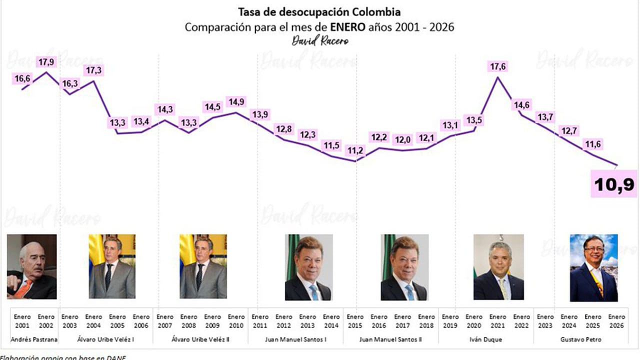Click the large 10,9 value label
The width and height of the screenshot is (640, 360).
[x=614, y=184]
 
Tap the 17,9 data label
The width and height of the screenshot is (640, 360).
[x=46, y=62]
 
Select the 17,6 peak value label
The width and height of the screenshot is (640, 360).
[x=498, y=66]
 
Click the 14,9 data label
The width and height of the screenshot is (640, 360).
[x=236, y=101]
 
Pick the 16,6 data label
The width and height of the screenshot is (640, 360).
[x=22, y=78]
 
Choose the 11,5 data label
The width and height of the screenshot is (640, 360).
[x=331, y=145]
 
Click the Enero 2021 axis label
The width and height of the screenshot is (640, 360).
[x=497, y=320]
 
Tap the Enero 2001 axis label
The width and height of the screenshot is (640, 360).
[x=22, y=320]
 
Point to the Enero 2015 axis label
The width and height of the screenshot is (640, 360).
[x=355, y=320]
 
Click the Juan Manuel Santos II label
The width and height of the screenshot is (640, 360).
[x=391, y=340]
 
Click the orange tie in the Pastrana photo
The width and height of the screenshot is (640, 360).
[x=24, y=288]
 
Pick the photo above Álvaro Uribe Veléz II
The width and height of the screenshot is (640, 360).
[x=203, y=266]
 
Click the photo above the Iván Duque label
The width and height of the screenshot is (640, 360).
[x=498, y=267]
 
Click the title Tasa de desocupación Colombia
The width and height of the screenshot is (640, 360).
[x=319, y=11]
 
